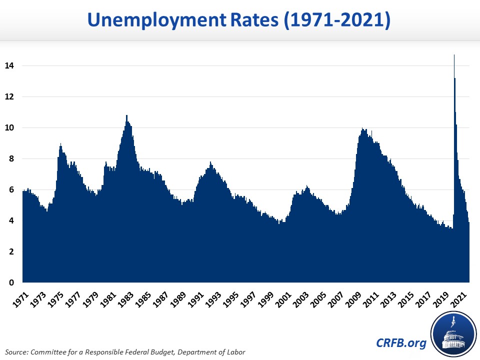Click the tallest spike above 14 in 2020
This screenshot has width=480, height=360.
(x=454, y=55)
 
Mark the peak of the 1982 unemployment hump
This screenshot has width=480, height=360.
(x=126, y=116)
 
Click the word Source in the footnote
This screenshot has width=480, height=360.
(x=18, y=351)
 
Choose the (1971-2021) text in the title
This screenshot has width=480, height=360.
(x=333, y=20)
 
